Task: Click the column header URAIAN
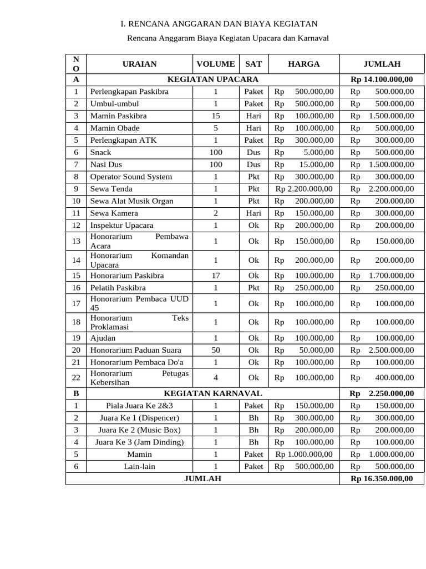[x=139, y=64]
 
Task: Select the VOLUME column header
[x=215, y=64]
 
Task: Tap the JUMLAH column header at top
[x=382, y=64]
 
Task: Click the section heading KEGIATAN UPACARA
[x=213, y=79]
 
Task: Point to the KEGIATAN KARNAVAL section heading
[x=213, y=393]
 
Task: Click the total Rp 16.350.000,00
[x=382, y=478]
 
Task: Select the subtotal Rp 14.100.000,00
[x=382, y=79]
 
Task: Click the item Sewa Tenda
[x=111, y=189]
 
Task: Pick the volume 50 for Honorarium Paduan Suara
[x=215, y=350]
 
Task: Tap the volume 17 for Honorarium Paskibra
[x=215, y=276]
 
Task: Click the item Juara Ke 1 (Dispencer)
[x=139, y=418]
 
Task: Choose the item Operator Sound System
[x=131, y=177]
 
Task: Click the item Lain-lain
[x=139, y=467]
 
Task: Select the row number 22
[x=76, y=377]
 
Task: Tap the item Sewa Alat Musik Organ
[x=132, y=201]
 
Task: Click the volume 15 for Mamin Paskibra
[x=215, y=116]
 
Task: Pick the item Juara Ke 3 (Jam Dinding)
[x=139, y=442]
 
